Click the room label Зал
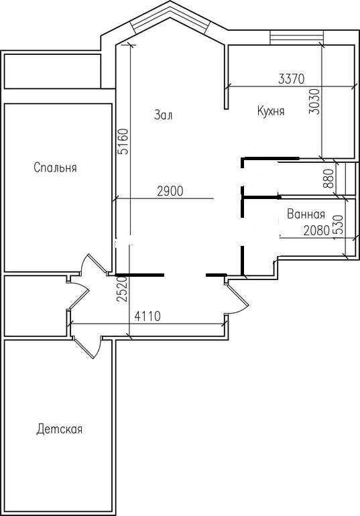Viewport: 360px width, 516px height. pyautogui.click(x=163, y=115)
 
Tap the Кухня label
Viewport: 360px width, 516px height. pyautogui.click(x=271, y=111)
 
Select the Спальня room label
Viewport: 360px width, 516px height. pyautogui.click(x=55, y=168)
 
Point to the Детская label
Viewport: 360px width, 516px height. pyautogui.click(x=59, y=429)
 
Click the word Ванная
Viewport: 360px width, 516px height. pyautogui.click(x=306, y=214)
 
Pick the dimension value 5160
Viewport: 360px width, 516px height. pyautogui.click(x=124, y=141)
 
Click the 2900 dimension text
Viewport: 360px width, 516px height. pyautogui.click(x=170, y=191)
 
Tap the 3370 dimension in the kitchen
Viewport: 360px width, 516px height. pyautogui.click(x=292, y=79)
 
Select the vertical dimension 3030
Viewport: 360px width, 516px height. pyautogui.click(x=314, y=101)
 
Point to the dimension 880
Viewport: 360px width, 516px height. pyautogui.click(x=328, y=178)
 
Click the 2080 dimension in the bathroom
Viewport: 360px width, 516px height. pyautogui.click(x=316, y=231)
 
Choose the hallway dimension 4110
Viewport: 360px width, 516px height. pyautogui.click(x=147, y=316)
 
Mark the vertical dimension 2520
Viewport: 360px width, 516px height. pyautogui.click(x=121, y=289)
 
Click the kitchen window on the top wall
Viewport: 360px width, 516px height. pyautogui.click(x=297, y=37)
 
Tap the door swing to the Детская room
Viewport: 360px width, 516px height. pyautogui.click(x=87, y=348)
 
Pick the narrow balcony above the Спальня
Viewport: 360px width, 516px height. pyautogui.click(x=52, y=72)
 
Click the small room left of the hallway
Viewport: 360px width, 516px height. pyautogui.click(x=36, y=306)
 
